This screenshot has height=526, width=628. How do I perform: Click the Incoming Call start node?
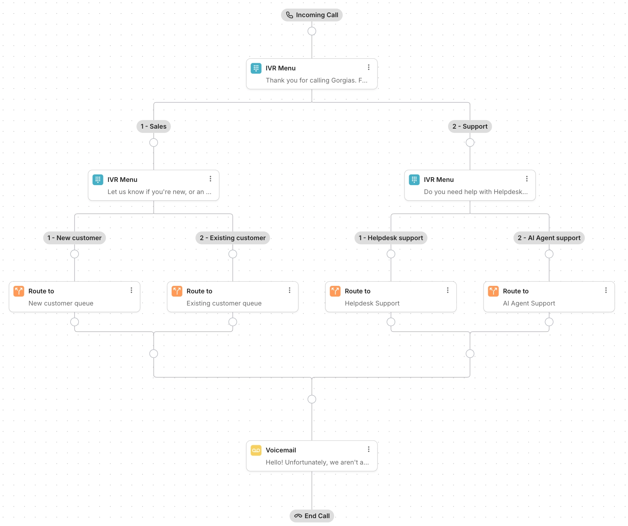point(311,15)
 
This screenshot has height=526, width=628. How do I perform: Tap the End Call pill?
point(311,516)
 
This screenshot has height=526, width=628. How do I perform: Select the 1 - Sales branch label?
point(153,126)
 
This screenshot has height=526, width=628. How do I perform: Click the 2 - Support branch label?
point(470,126)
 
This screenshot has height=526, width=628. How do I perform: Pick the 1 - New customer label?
point(74,238)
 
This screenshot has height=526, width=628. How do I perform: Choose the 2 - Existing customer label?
point(232,238)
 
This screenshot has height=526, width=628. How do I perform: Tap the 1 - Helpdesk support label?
point(391,238)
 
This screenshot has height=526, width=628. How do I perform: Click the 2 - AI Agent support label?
point(549,238)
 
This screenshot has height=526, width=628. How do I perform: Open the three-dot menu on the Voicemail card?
point(368,449)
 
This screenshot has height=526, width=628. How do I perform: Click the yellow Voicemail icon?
point(256,450)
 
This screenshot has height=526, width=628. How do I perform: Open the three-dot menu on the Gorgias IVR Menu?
point(368,67)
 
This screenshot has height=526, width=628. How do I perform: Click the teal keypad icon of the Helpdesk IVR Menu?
point(414,180)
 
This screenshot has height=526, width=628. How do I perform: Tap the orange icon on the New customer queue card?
point(19,291)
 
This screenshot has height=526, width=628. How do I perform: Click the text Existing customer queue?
point(224,303)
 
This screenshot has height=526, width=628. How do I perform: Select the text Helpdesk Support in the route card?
point(372,303)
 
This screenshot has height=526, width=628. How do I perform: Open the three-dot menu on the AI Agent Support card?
point(605,290)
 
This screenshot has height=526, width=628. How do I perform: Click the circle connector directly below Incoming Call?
point(311,31)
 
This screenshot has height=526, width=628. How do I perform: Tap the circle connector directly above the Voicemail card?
point(311,399)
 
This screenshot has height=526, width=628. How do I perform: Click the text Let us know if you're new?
point(159,192)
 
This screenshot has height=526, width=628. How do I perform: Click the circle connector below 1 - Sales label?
point(153,143)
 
